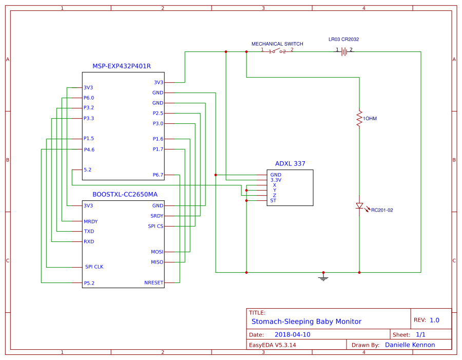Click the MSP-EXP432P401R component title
pyautogui.click(x=121, y=66)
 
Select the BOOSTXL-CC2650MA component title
pyautogui.click(x=125, y=195)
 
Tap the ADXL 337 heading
pyautogui.click(x=290, y=164)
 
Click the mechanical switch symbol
pyautogui.click(x=277, y=51)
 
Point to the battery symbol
pyautogui.click(x=344, y=51)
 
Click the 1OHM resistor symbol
pyautogui.click(x=359, y=119)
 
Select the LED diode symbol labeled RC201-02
pyautogui.click(x=359, y=206)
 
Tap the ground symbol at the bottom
pyautogui.click(x=323, y=278)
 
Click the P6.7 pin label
pyautogui.click(x=158, y=175)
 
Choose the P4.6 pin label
pyautogui.click(x=89, y=149)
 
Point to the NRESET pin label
pyautogui.click(x=153, y=283)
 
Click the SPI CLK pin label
pyautogui.click(x=94, y=267)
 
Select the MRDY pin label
pyautogui.click(x=90, y=221)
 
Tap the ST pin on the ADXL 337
pyautogui.click(x=273, y=200)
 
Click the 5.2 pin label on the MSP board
pyautogui.click(x=88, y=169)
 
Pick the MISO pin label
pyautogui.click(x=157, y=262)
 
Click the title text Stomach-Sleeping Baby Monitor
pyautogui.click(x=306, y=321)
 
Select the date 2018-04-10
pyautogui.click(x=292, y=334)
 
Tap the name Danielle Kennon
pyautogui.click(x=410, y=345)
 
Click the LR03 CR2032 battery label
pyautogui.click(x=343, y=40)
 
